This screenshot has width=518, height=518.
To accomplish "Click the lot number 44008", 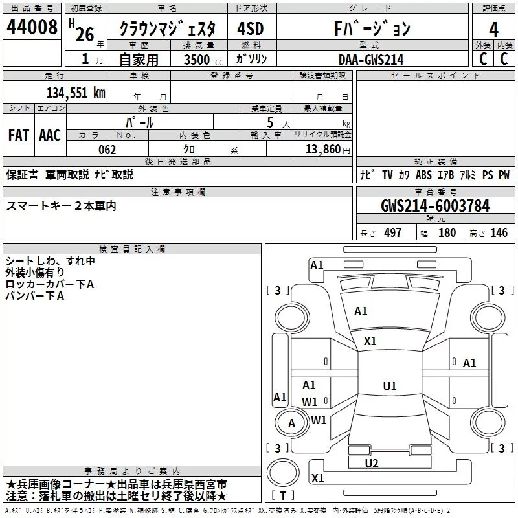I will pos(31,28).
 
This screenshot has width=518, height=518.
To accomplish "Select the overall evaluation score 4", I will pos(494,29).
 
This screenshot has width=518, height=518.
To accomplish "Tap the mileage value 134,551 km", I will pos(76,93).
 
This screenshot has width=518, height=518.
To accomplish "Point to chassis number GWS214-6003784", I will pos(435,206).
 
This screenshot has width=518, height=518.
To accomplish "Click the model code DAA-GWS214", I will pos(371,60).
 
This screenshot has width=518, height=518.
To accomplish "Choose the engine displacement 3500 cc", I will pos(199,60).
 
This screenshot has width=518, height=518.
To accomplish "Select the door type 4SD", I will pos(251,29).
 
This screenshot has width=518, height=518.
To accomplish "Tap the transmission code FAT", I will pos(19,135).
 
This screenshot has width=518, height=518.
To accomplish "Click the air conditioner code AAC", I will pos(50,135).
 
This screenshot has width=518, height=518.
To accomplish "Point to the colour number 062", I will pos(107,150).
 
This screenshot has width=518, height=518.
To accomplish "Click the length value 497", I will pos(392,233).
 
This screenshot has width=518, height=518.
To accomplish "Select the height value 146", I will pos(499,233).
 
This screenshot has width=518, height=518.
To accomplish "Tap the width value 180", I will pos(447,233).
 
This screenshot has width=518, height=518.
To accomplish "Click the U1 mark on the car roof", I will pos(389,387).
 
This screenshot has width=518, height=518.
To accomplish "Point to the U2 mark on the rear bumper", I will pos(371,463).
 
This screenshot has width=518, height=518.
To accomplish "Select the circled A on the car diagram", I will pos(291,423).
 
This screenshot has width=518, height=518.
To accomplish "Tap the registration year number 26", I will pos(84,34).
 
